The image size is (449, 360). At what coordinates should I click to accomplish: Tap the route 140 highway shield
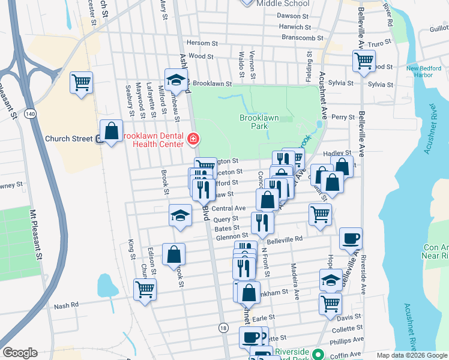29,112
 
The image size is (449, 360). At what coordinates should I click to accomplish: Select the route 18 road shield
223,328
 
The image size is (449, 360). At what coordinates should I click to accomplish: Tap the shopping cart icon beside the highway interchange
82,82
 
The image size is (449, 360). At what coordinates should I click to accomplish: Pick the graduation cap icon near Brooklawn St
176,80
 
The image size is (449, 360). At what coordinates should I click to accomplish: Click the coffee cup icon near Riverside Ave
351,238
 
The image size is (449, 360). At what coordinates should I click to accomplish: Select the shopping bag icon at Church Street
112,130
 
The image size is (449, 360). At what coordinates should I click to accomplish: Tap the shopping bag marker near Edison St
173,254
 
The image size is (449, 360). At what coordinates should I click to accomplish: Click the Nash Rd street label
66,305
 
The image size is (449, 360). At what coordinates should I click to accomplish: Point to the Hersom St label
202,43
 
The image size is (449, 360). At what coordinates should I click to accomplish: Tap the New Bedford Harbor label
428,71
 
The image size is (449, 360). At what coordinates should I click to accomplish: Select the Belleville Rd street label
285,238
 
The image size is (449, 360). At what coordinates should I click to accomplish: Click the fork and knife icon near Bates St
262,223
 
